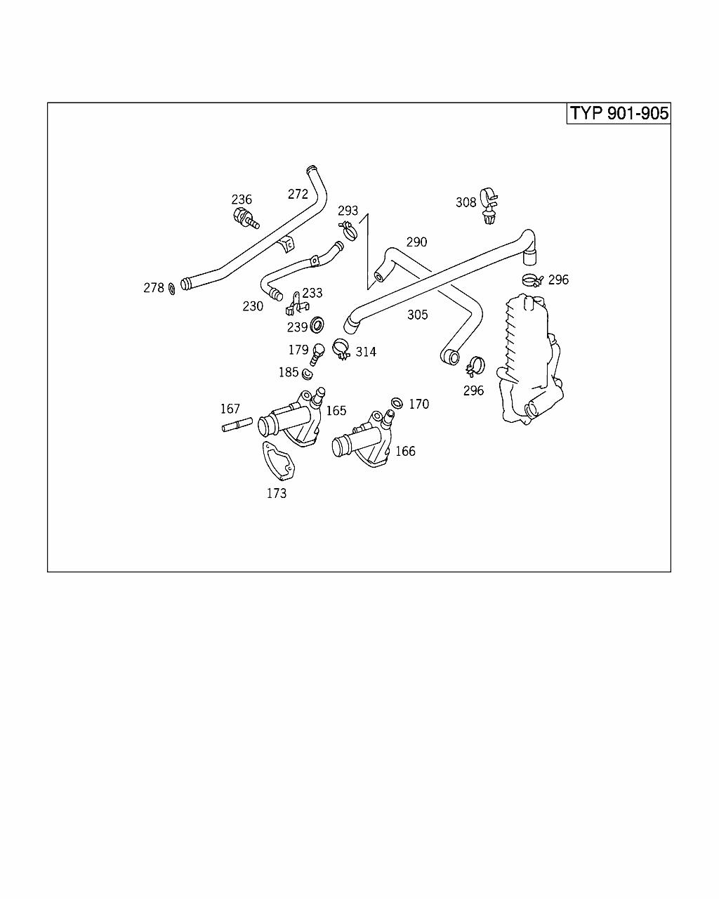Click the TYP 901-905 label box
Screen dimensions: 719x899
[619, 113]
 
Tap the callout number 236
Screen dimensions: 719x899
[242, 199]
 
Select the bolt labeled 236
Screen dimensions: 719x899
[246, 218]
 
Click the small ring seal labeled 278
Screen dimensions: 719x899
[172, 289]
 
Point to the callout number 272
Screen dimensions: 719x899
[298, 195]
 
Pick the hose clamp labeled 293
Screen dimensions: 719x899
[348, 230]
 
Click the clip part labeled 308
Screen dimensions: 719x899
[489, 206]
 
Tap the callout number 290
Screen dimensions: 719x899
[416, 242]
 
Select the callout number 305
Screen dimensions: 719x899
[417, 315]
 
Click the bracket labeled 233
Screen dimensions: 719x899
[296, 304]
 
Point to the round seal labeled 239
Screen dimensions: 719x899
[317, 325]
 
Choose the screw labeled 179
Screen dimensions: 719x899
[317, 354]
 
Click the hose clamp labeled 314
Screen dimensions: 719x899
[341, 349]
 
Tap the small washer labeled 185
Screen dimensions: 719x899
[308, 374]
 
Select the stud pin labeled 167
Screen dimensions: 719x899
[237, 425]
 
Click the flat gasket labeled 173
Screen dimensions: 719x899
[278, 461]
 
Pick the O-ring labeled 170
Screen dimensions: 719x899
[397, 403]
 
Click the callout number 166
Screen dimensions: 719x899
[405, 452]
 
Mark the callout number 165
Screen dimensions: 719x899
[336, 411]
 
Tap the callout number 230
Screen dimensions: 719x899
[253, 307]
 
